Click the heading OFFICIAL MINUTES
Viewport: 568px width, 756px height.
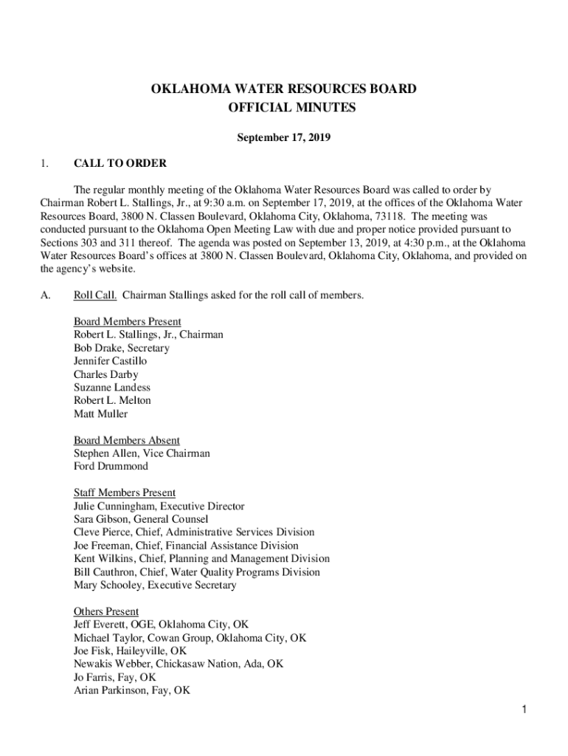(x=284, y=108)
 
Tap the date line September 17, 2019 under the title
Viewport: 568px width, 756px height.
(x=283, y=137)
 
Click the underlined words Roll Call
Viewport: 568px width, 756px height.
(x=95, y=295)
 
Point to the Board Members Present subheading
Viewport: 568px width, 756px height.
(x=128, y=322)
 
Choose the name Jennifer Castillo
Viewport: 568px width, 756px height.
(x=111, y=361)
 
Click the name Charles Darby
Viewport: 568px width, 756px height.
(x=105, y=374)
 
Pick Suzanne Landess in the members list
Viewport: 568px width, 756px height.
(x=112, y=388)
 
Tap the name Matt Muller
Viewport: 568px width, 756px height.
(x=100, y=414)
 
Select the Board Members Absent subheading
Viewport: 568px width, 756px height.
(x=127, y=441)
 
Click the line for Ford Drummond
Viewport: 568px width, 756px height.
(x=111, y=467)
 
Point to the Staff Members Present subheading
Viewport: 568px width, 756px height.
(x=125, y=492)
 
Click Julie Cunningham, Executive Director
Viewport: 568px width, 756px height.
(x=159, y=506)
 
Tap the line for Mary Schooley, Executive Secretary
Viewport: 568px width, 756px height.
(x=155, y=585)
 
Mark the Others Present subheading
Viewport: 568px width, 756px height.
(x=106, y=611)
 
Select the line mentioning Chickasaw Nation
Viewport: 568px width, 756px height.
(x=179, y=664)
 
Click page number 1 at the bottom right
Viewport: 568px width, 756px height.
(x=522, y=710)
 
